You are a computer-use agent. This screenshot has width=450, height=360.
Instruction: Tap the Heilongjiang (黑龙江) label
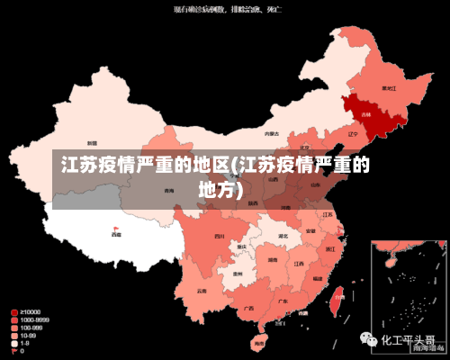coord(390,88)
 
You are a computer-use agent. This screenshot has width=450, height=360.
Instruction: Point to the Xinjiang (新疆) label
coord(92,143)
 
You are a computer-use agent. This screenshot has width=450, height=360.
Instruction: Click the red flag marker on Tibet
coord(116,229)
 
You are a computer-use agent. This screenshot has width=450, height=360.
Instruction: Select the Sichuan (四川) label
coord(219,236)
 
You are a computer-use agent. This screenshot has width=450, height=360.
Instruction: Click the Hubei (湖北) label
coord(283,236)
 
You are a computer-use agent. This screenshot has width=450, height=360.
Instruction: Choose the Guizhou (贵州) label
coord(238,274)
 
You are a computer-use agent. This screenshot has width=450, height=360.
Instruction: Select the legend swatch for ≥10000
coord(14,312)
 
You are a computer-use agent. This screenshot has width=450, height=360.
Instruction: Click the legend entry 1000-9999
coord(35,320)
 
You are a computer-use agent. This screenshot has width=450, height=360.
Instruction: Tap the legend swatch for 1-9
coord(14,343)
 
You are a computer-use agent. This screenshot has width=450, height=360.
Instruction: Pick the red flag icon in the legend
coord(14,351)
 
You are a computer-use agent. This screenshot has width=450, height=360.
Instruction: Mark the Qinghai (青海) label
coord(169,191)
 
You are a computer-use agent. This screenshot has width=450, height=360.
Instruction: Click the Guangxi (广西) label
coord(248,307)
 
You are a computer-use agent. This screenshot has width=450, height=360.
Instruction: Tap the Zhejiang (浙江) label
coord(330,247)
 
